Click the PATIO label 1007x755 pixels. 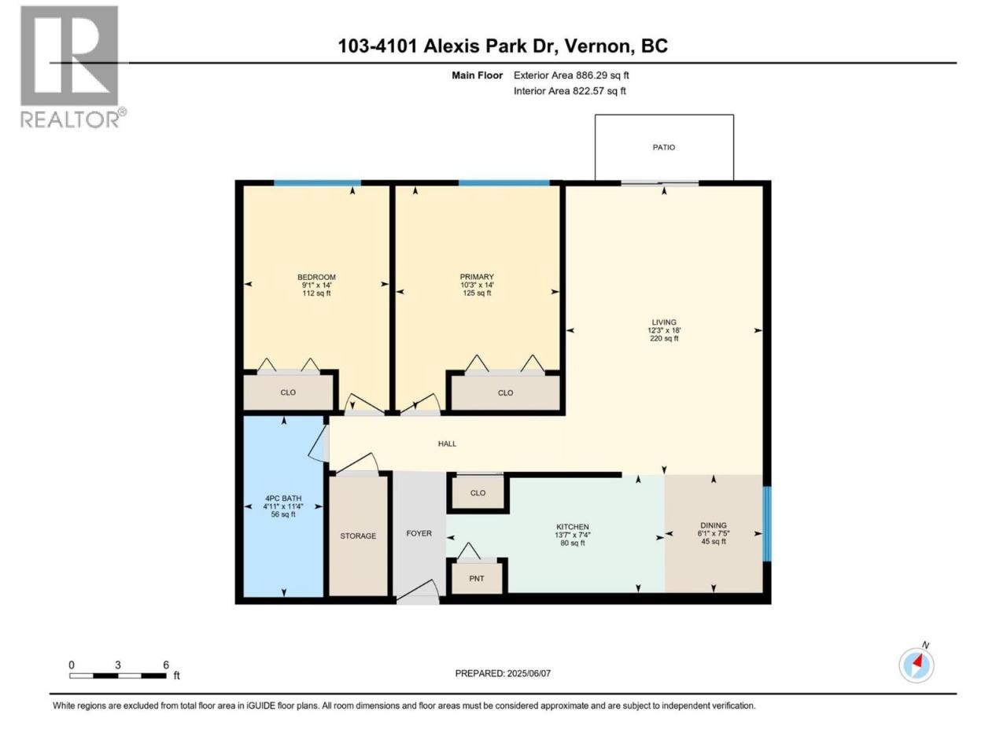click(x=663, y=148)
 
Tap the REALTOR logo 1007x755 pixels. click(x=72, y=67)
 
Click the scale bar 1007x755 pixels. click(x=118, y=676)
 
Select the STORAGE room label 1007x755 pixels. click(x=358, y=536)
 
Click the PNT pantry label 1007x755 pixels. click(x=477, y=579)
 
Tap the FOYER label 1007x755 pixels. click(x=419, y=533)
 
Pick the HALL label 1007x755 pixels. click(x=447, y=444)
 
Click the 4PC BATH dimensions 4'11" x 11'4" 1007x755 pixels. click(x=283, y=506)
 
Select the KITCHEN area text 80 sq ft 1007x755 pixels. click(x=572, y=543)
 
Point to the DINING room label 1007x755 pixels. click(x=714, y=525)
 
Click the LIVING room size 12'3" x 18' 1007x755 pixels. click(x=664, y=330)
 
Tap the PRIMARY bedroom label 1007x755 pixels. click(x=477, y=277)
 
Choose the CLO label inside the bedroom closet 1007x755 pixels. click(x=288, y=392)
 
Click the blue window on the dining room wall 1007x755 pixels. click(x=766, y=524)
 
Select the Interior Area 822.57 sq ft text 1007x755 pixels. click(x=570, y=90)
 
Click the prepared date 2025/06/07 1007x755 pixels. click(x=529, y=673)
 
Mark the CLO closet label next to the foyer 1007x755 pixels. click(x=478, y=493)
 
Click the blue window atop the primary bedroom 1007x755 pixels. click(x=503, y=183)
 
